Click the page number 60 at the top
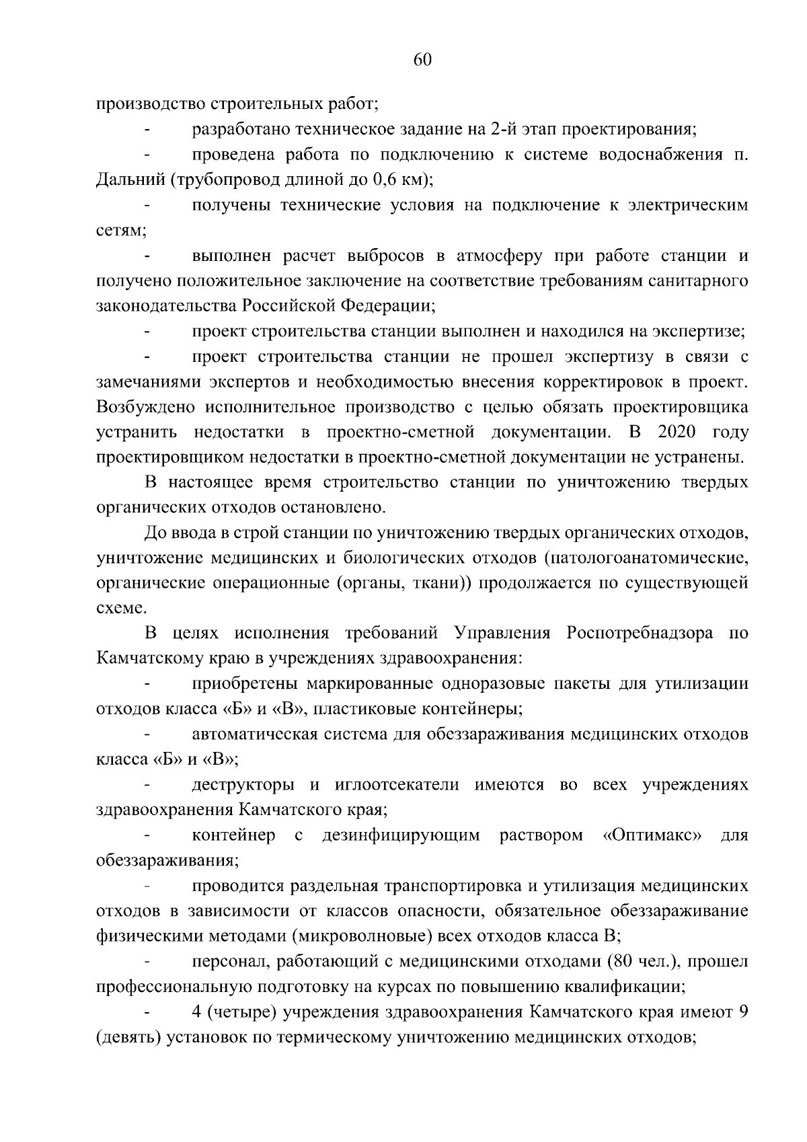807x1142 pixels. [422, 60]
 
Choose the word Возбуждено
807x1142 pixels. [146, 407]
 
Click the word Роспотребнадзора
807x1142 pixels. [640, 634]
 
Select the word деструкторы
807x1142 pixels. [243, 785]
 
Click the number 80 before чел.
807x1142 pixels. [617, 962]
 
